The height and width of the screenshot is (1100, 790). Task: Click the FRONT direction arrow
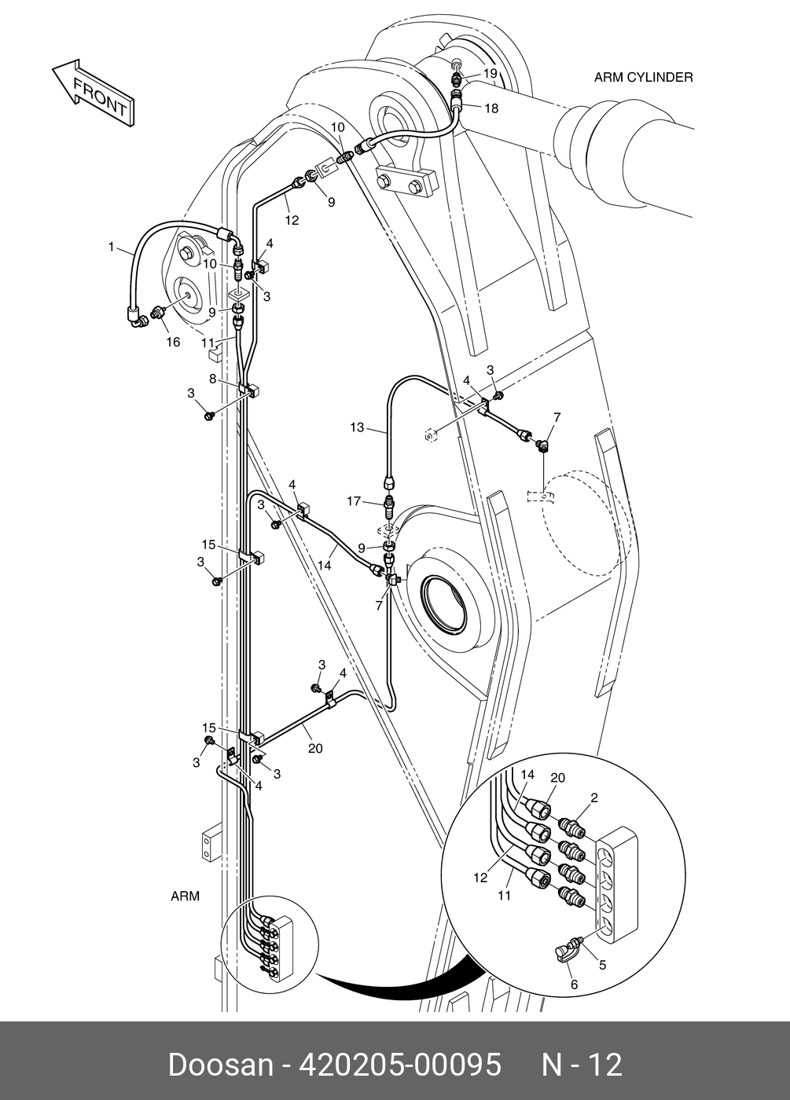[x=94, y=93]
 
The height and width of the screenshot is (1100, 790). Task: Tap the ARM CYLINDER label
[x=644, y=78]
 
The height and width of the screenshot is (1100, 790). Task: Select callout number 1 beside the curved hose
[x=112, y=247]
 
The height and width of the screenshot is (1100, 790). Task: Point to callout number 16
[x=173, y=342]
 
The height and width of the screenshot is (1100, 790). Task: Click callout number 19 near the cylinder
[x=491, y=73]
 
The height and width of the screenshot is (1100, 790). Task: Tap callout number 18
[x=491, y=108]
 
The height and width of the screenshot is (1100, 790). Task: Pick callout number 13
[x=357, y=427]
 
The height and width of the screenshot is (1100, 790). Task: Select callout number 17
[x=355, y=501]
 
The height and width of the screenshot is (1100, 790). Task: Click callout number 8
[x=213, y=379]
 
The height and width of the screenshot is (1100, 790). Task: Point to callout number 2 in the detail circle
[x=594, y=798]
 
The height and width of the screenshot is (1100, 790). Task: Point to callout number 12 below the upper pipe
[x=292, y=221]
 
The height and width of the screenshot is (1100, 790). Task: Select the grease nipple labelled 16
[x=158, y=311]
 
